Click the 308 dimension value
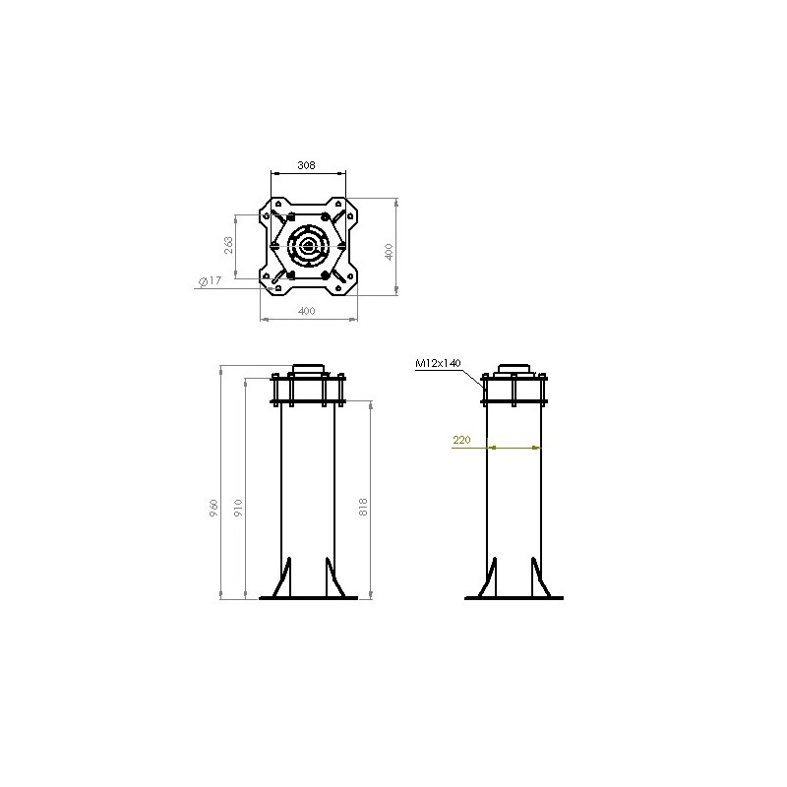pos(306,167)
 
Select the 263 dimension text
pos(229,245)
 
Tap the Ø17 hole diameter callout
pos(209,282)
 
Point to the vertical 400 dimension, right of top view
pos(390,251)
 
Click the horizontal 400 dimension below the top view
pos(306,312)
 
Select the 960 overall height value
pos(213,510)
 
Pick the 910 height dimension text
pos(237,509)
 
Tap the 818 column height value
pos(363,508)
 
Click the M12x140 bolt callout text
pos(438,363)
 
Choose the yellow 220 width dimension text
pos(460,441)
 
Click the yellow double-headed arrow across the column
pos(515,449)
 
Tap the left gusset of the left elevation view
pos(284,577)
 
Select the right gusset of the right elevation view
pos(537,577)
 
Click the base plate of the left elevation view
pos(307,598)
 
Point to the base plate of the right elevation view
pos(514,598)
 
